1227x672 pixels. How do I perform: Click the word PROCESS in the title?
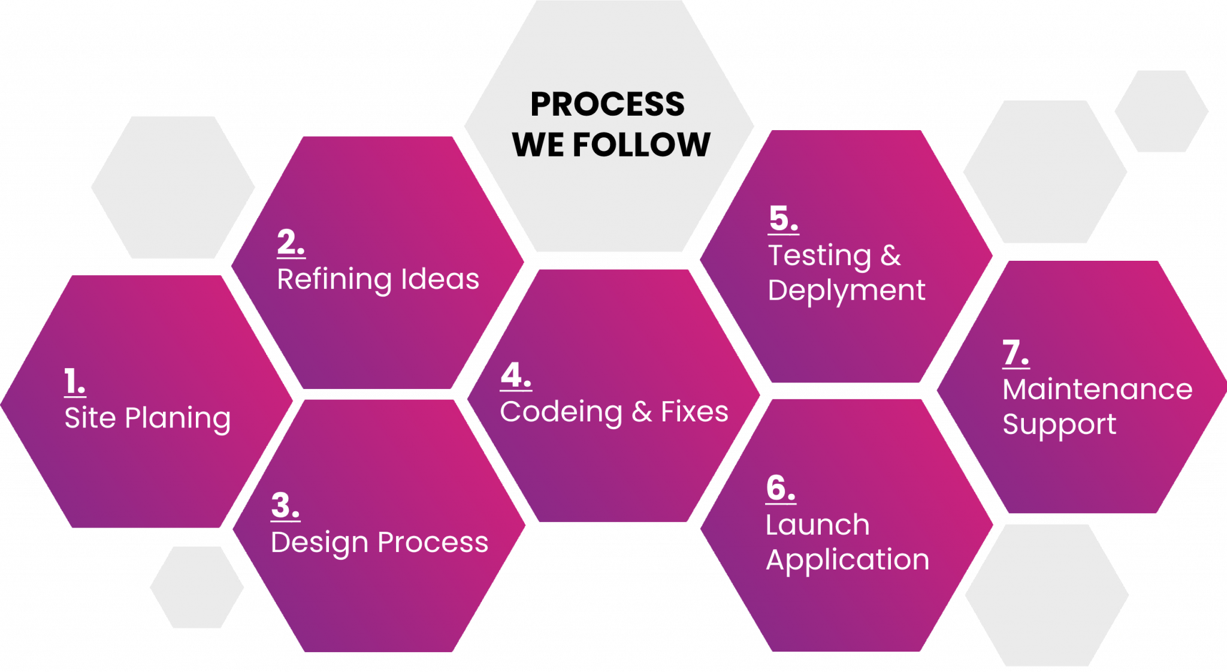[x=608, y=104]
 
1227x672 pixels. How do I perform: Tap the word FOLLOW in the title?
[x=642, y=145]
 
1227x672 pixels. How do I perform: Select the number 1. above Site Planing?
[x=74, y=382]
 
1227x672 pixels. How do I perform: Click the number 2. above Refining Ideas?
[x=291, y=243]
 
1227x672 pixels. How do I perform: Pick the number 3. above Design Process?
[x=285, y=505]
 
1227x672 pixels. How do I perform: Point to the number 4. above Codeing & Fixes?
[x=516, y=376]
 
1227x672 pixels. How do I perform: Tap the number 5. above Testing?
[x=783, y=218]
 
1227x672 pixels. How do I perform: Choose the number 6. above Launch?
[x=781, y=488]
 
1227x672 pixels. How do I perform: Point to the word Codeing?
[x=561, y=412]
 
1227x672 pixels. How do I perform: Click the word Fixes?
[x=694, y=412]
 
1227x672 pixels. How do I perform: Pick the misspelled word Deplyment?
[x=846, y=291]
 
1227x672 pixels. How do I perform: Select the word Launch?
[x=817, y=525]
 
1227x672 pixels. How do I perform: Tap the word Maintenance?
[x=1097, y=390]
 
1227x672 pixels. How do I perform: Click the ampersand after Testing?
[x=891, y=256]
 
